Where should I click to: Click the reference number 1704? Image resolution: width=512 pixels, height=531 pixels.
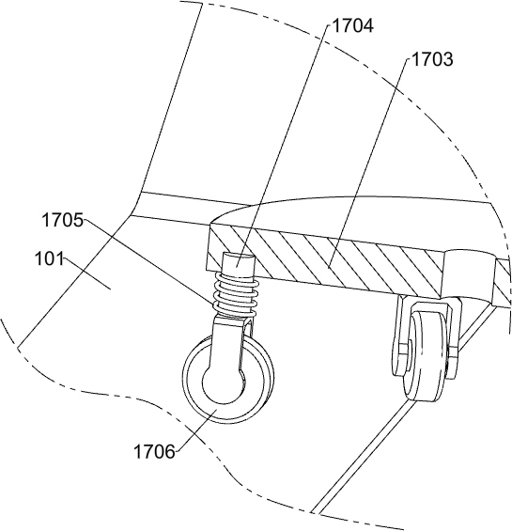pyautogui.click(x=353, y=25)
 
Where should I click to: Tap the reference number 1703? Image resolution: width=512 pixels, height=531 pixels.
pyautogui.click(x=432, y=59)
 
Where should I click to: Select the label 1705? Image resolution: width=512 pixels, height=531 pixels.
pyautogui.click(x=62, y=220)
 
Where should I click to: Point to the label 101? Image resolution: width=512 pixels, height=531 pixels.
pyautogui.click(x=49, y=259)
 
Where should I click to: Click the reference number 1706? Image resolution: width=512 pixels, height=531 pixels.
pyautogui.click(x=155, y=451)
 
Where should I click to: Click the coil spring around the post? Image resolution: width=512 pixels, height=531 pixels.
pyautogui.click(x=236, y=295)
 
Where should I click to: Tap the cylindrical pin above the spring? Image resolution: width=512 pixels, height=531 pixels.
pyautogui.click(x=238, y=265)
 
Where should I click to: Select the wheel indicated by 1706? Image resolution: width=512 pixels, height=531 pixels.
pyautogui.click(x=228, y=380)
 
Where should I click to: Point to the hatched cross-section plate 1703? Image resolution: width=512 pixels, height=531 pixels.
pyautogui.click(x=325, y=258)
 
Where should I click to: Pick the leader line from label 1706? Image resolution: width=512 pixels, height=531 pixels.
pyautogui.click(x=197, y=430)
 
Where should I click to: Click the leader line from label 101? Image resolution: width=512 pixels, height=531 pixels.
pyautogui.click(x=87, y=274)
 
